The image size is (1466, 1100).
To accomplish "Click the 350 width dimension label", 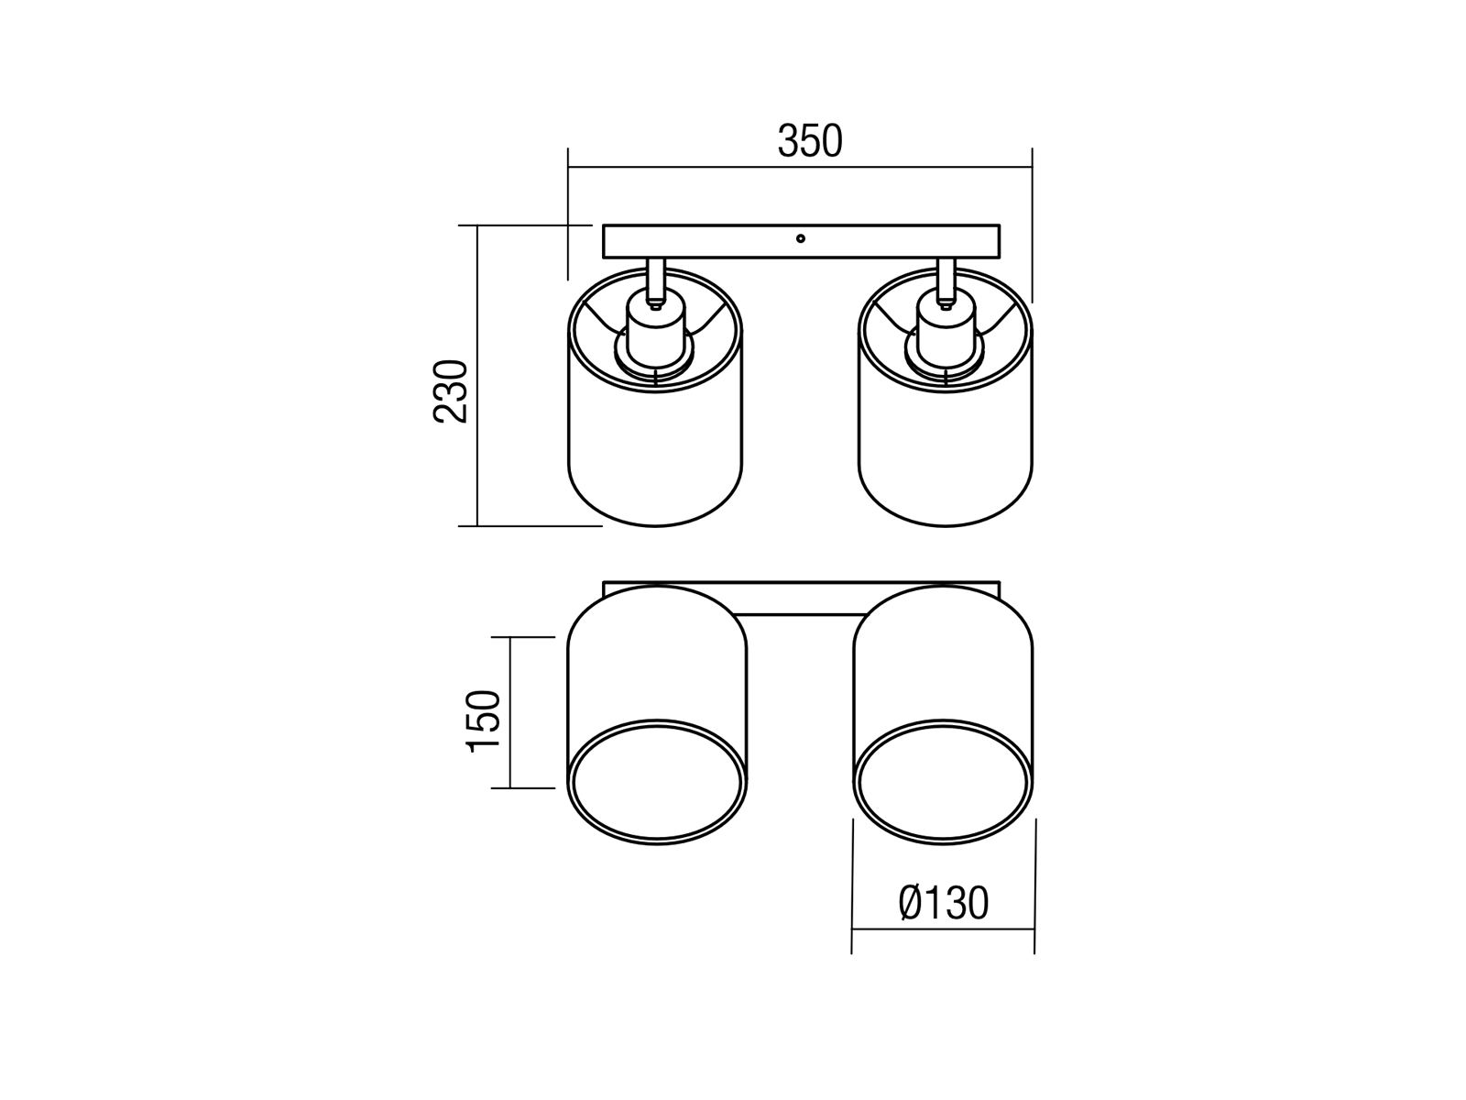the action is (x=810, y=141).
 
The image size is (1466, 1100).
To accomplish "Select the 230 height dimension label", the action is (x=451, y=391).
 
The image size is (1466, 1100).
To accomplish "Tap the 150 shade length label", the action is (x=483, y=721).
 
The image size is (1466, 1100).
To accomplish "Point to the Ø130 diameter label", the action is (x=943, y=904).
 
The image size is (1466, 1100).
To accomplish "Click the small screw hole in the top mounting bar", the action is (x=801, y=238).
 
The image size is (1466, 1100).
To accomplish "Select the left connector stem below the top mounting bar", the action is (x=656, y=280).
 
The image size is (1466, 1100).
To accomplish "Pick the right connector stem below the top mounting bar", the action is (x=946, y=280).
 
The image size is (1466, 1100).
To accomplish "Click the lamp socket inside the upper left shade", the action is (x=656, y=337).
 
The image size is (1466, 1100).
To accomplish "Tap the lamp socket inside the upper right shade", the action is (x=945, y=337).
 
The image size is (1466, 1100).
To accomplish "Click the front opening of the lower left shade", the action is (x=657, y=781).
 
